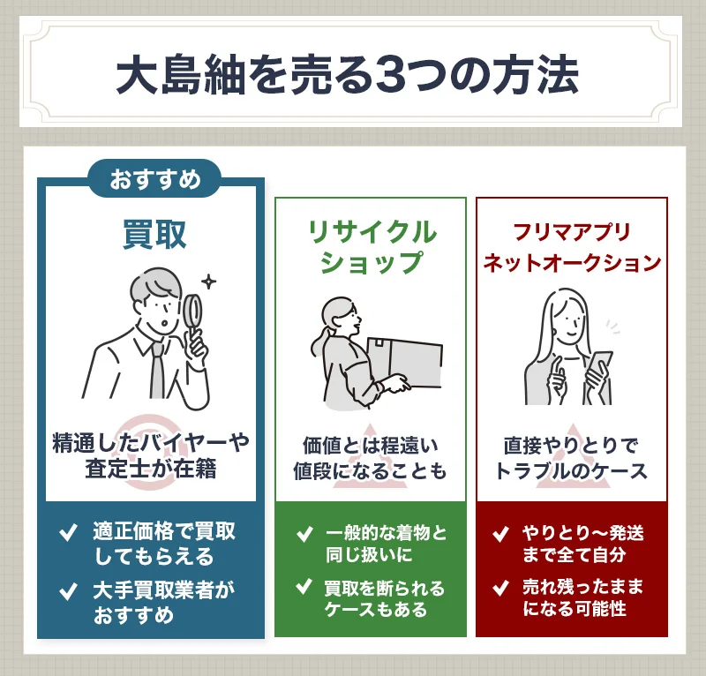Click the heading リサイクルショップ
click(x=371, y=246)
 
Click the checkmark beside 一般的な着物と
click(x=304, y=533)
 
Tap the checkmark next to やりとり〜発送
click(x=500, y=533)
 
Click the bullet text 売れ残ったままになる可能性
click(x=582, y=597)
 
